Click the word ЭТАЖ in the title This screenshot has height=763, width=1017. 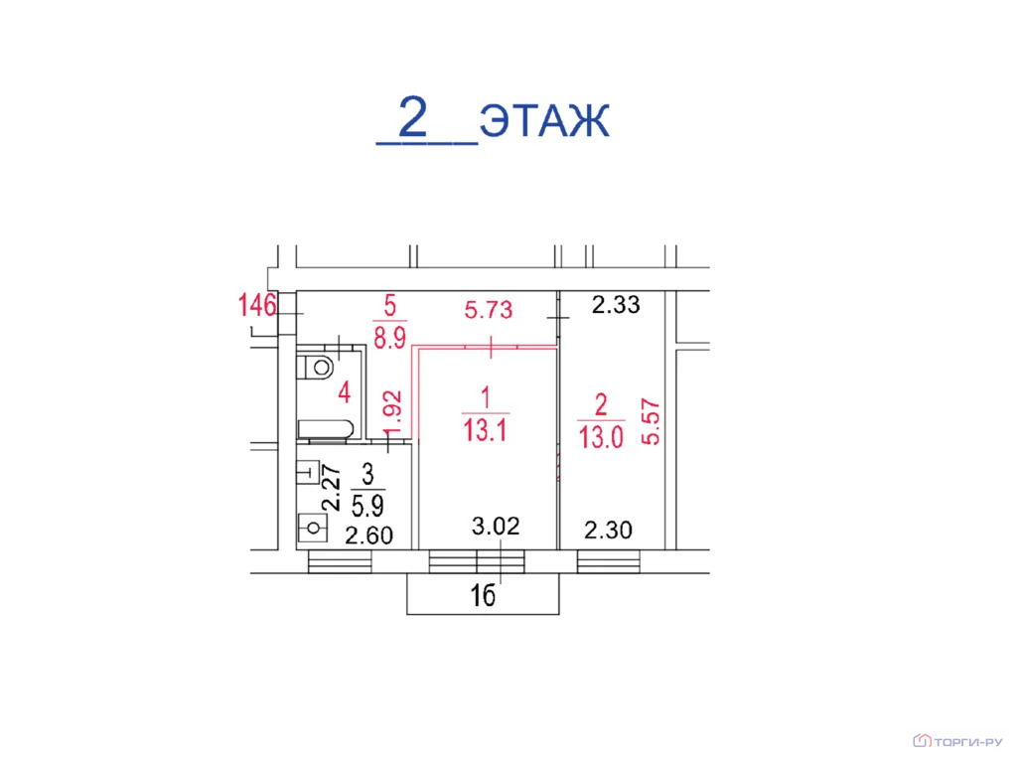coord(544,120)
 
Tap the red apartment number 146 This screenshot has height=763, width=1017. coord(257,305)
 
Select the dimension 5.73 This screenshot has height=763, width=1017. coord(489,310)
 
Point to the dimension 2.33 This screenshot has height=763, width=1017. coord(616,304)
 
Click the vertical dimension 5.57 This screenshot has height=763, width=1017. coord(651,421)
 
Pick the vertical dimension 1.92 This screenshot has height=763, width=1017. coord(393,414)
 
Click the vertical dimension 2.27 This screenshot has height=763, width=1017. coord(332,487)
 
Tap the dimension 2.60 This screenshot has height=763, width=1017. coord(369,535)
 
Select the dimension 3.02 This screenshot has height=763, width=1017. coord(496,526)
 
